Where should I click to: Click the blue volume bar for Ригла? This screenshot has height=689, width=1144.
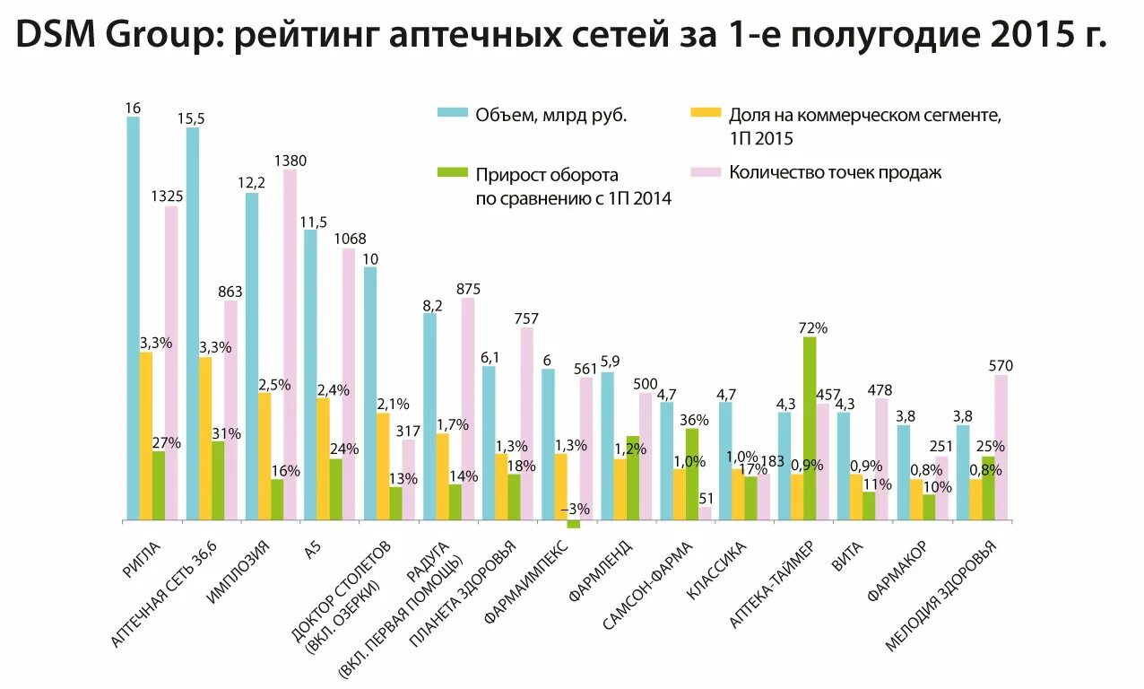tap(133, 318)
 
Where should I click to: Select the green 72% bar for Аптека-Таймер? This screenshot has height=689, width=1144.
tap(810, 428)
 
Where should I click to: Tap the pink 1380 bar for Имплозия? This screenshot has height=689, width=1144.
tap(290, 344)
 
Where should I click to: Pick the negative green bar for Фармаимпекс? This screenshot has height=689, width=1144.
tap(574, 524)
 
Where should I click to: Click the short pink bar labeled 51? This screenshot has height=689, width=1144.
tap(705, 513)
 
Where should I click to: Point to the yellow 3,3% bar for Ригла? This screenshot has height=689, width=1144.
tap(146, 436)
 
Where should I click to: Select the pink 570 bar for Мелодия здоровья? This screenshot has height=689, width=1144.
tap(1001, 447)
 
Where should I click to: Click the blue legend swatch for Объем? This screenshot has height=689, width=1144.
tap(452, 114)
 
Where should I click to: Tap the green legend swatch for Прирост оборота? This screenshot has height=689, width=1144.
tap(452, 173)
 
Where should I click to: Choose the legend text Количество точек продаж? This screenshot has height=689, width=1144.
tap(835, 172)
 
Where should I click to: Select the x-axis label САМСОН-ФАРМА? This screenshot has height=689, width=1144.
tap(648, 585)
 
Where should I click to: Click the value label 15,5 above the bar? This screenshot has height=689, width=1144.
tap(191, 118)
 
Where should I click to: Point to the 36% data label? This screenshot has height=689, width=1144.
tap(694, 419)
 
